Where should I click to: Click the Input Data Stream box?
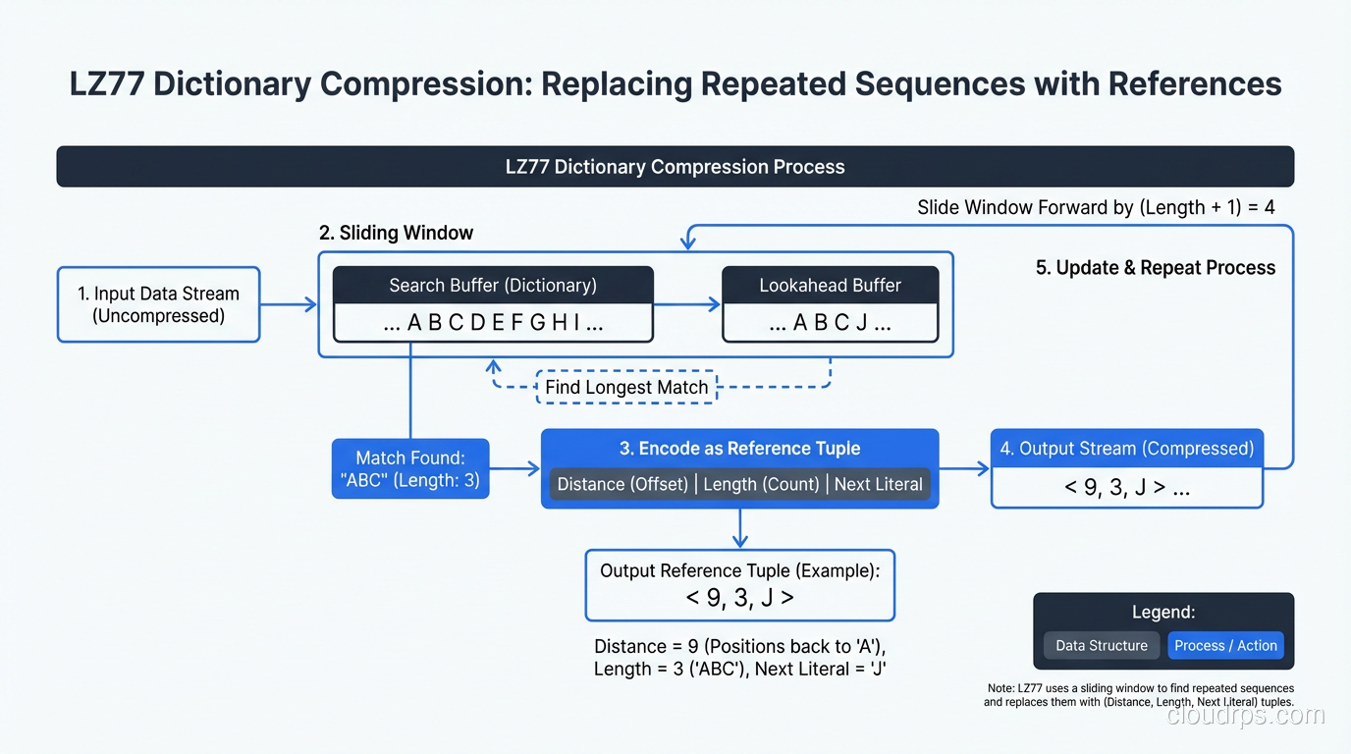(x=158, y=304)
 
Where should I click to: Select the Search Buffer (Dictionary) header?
(x=493, y=286)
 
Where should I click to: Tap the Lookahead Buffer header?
(x=830, y=286)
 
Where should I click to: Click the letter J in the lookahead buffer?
(x=861, y=323)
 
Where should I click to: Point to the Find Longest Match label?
(x=626, y=387)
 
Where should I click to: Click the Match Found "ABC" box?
(x=410, y=469)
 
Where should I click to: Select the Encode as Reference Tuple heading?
(x=739, y=449)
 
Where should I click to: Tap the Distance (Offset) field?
(x=622, y=484)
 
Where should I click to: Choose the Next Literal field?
(x=878, y=484)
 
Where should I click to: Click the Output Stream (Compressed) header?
(x=1126, y=449)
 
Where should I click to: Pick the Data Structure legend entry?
(x=1101, y=645)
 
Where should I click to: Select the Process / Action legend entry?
(x=1225, y=645)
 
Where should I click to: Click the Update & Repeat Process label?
(x=1156, y=268)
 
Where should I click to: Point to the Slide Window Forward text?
(x=1095, y=207)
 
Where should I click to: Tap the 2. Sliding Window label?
(x=396, y=233)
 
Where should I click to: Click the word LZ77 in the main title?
(x=106, y=84)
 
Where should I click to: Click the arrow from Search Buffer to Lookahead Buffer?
(x=687, y=304)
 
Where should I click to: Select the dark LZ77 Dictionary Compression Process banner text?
(x=675, y=167)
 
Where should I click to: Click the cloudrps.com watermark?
(x=1245, y=715)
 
